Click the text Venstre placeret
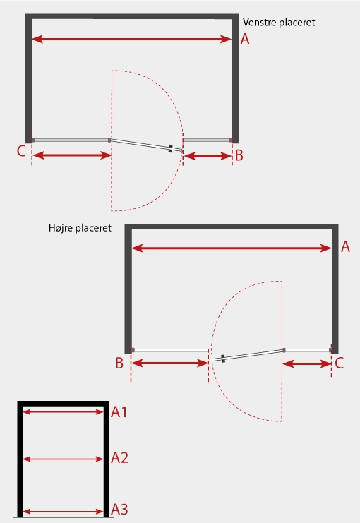(x=279, y=23)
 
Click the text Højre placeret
(x=80, y=228)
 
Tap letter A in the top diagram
(x=245, y=40)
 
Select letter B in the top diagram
(x=239, y=156)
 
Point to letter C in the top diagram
(x=21, y=151)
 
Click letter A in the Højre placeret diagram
(x=345, y=247)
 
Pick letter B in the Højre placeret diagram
(x=119, y=363)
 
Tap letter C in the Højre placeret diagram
(x=339, y=363)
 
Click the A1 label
(x=119, y=412)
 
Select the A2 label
(x=119, y=458)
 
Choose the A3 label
(x=119, y=510)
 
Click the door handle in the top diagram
(x=171, y=148)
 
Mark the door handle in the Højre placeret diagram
(x=223, y=359)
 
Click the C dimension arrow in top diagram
(x=72, y=155)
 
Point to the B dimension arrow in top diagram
(x=208, y=156)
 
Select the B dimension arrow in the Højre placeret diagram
(x=170, y=363)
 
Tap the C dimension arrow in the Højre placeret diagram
(x=306, y=364)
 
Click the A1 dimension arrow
(x=64, y=412)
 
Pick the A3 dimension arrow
(x=64, y=511)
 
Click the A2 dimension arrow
(x=64, y=459)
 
